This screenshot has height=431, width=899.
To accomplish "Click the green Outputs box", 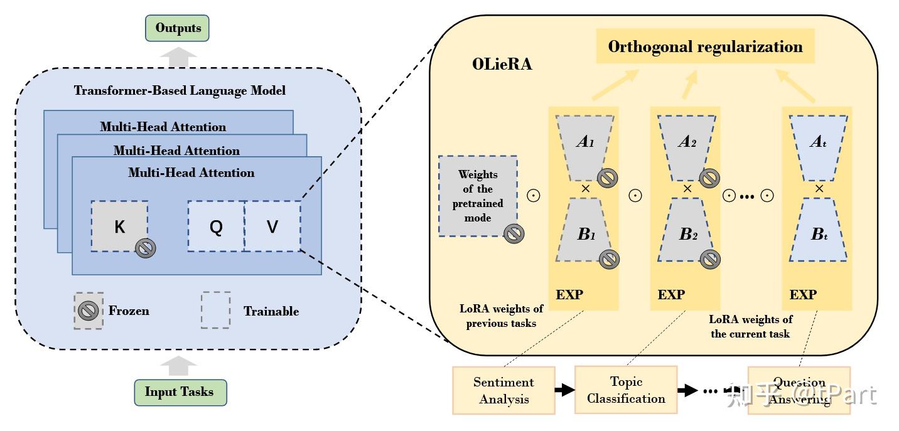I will [177, 28].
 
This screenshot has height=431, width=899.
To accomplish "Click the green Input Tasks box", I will [180, 392].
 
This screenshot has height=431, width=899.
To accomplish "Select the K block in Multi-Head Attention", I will [119, 226].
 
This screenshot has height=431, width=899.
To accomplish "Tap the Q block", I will [215, 226].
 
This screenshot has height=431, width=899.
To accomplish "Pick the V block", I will [272, 226].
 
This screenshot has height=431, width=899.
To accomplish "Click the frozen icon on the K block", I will [146, 248].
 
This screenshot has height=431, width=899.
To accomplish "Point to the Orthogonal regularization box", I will [705, 46].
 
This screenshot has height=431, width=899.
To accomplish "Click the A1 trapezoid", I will [584, 142].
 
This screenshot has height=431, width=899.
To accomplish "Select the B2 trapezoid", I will [687, 234].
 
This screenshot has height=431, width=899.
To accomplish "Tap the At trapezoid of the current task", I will [818, 142].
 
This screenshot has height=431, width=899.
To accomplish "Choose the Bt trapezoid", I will [818, 234].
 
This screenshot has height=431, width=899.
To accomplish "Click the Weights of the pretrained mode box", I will [478, 196].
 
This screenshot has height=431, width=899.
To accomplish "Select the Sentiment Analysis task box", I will [503, 390].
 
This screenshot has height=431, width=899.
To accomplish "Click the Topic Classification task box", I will [625, 390].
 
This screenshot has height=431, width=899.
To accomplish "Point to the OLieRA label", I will [502, 64].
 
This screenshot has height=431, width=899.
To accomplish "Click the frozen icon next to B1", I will [609, 259].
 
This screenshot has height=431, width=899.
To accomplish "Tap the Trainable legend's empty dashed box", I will [215, 310].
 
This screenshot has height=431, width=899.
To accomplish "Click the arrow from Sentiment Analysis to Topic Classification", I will [565, 390].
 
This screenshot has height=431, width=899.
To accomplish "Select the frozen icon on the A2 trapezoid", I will [709, 179].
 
